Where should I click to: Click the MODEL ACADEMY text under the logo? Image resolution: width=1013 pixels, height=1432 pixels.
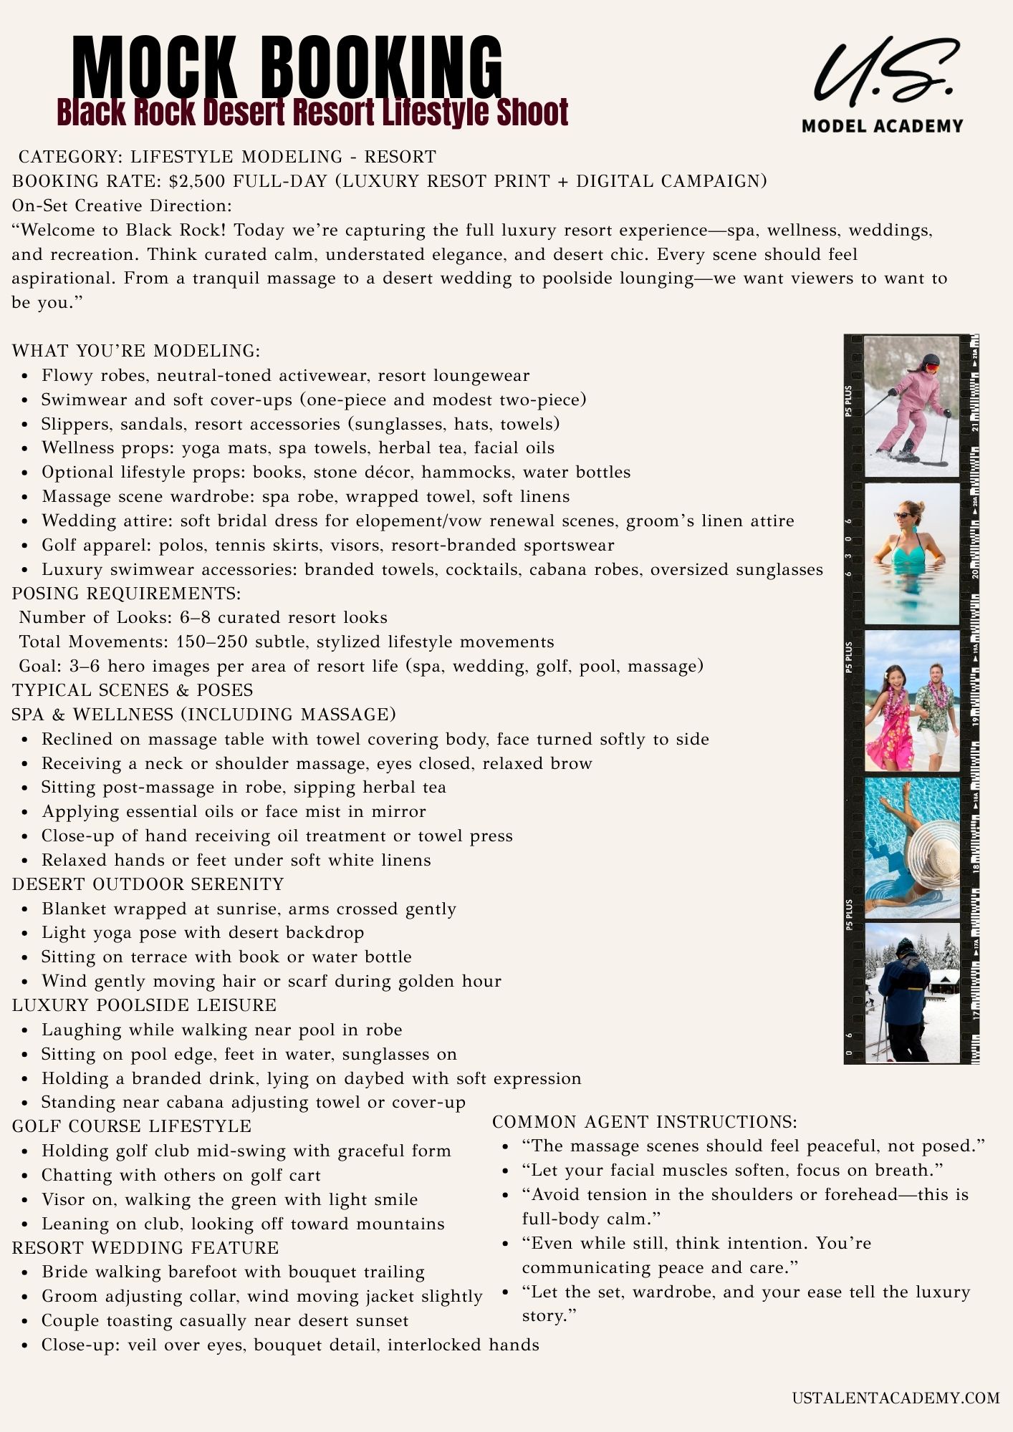click(x=882, y=126)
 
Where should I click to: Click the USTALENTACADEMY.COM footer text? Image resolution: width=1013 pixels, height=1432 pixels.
click(x=895, y=1398)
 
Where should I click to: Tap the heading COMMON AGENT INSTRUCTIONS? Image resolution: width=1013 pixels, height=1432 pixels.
click(x=644, y=1122)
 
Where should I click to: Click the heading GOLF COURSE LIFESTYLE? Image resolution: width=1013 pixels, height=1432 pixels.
click(x=132, y=1126)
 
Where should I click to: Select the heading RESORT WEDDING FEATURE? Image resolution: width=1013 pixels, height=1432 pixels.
click(x=145, y=1247)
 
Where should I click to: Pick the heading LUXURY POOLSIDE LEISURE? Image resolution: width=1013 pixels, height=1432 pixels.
click(x=144, y=1005)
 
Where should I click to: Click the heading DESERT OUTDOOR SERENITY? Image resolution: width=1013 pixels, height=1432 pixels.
click(x=148, y=884)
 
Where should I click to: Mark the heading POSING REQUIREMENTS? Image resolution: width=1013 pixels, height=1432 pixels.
click(x=127, y=594)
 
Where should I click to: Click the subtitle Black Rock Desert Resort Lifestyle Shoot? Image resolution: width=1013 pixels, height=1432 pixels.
click(x=312, y=112)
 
